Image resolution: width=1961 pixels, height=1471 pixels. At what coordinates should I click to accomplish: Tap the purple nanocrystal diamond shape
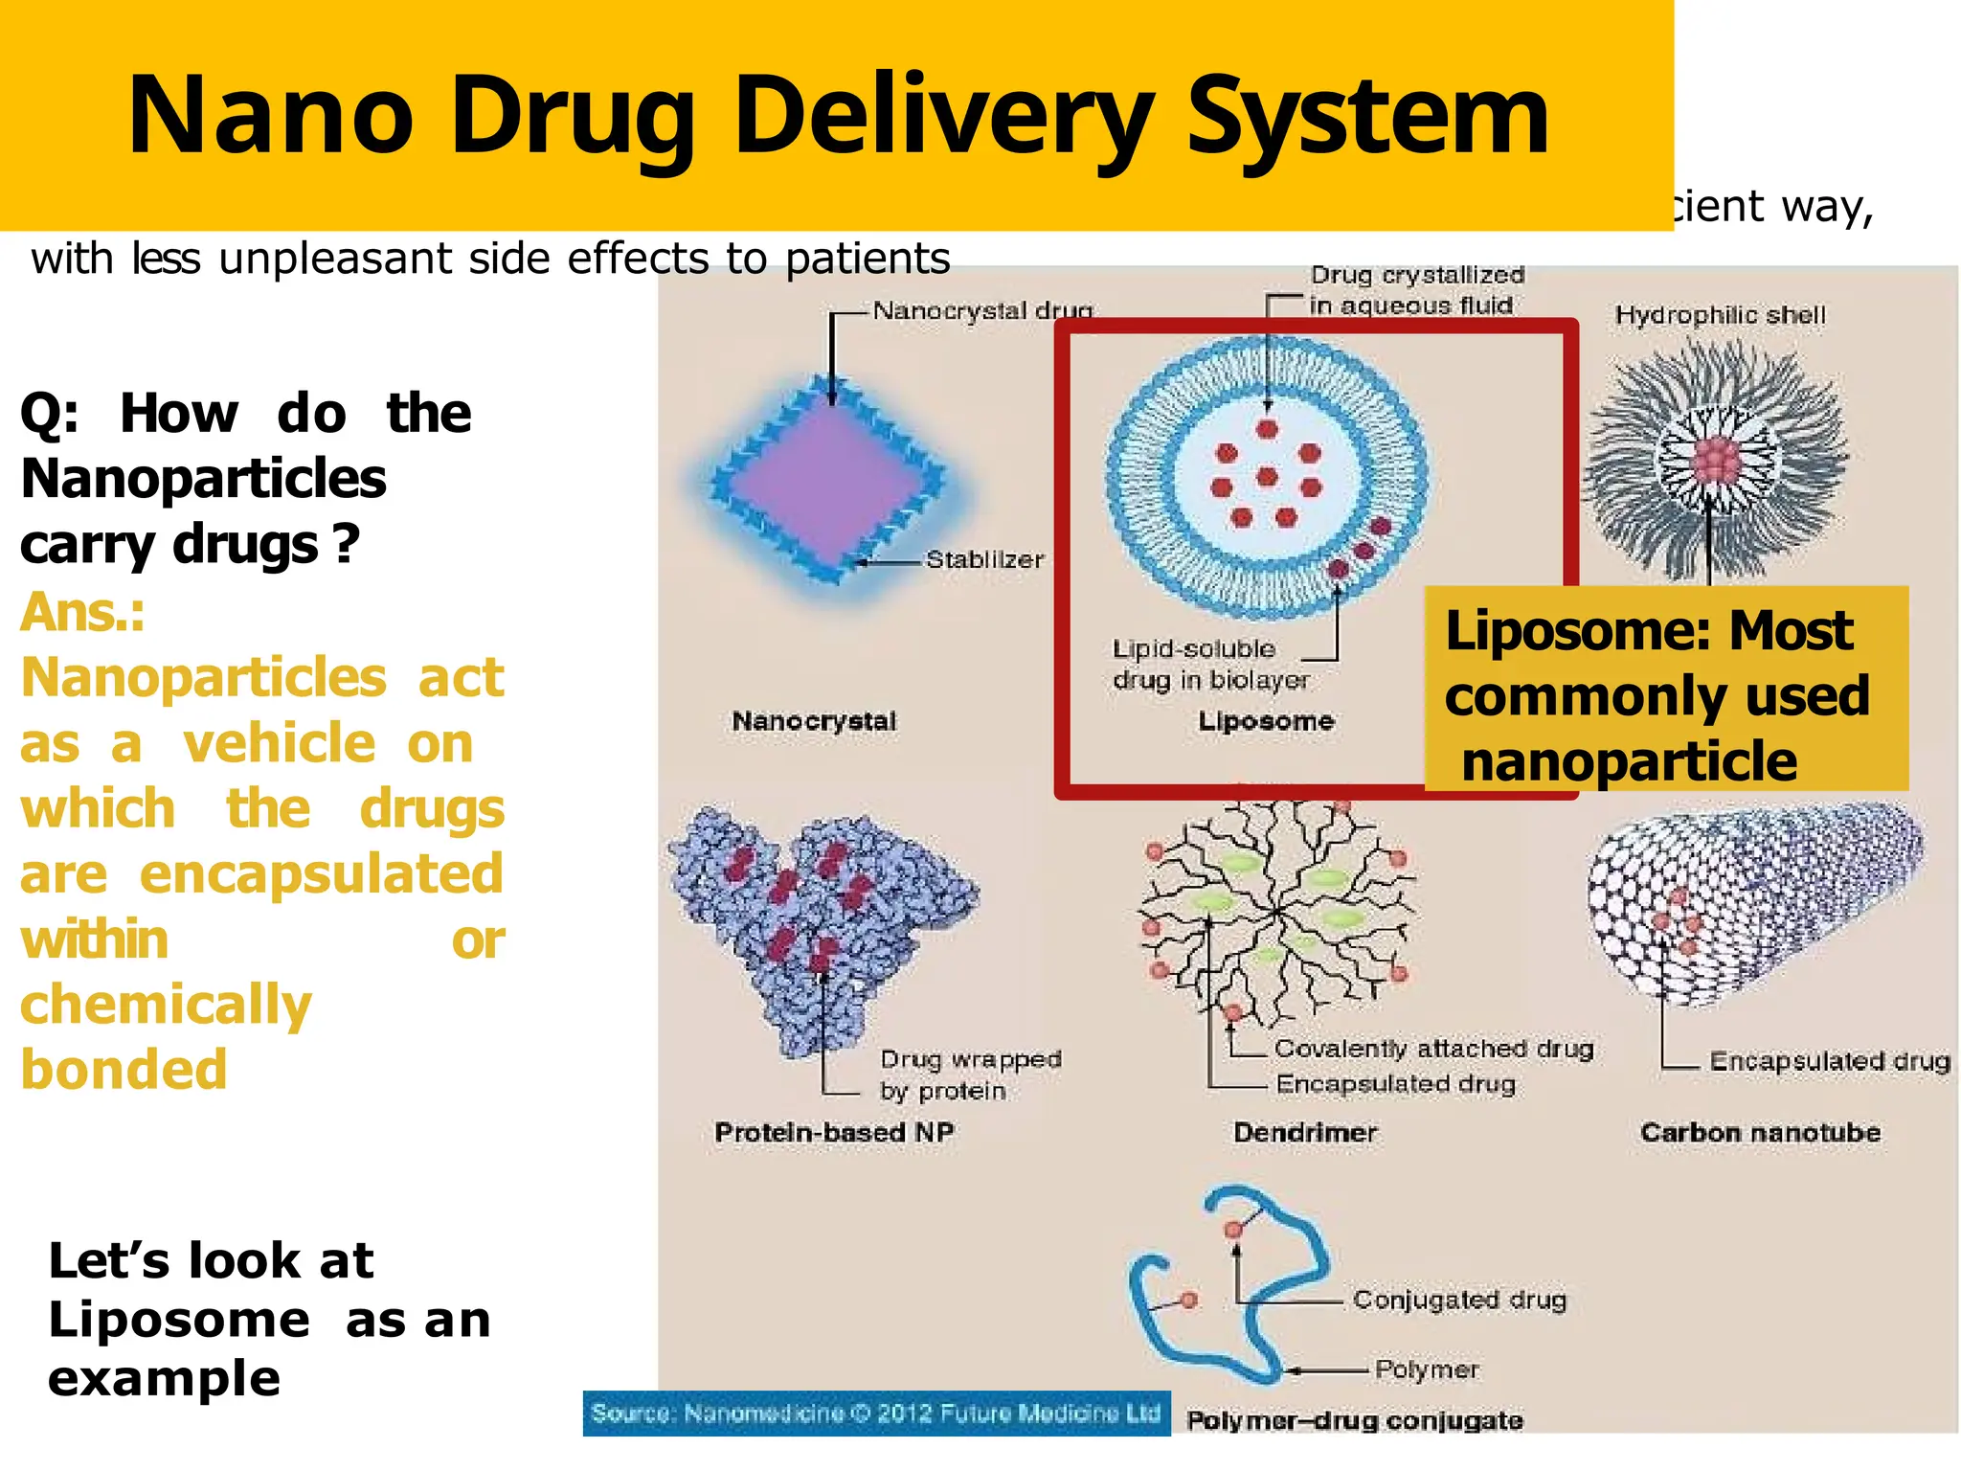click(829, 482)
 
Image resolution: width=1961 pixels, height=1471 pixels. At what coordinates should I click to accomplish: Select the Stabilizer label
click(984, 560)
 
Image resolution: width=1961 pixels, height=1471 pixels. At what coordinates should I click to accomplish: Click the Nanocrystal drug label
click(981, 311)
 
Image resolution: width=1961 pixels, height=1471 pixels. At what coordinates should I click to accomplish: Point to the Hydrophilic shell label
click(1720, 315)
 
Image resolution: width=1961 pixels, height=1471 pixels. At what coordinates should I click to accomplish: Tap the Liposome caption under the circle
click(1265, 721)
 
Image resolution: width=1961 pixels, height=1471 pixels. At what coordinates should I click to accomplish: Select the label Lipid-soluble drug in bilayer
click(1210, 665)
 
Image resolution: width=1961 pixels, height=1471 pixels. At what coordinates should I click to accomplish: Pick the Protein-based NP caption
click(833, 1132)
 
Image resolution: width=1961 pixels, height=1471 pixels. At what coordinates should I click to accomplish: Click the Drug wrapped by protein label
click(969, 1075)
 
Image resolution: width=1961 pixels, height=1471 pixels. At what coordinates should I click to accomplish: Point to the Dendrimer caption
click(1304, 1132)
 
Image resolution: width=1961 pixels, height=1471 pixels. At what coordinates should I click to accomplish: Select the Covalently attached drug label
click(1433, 1049)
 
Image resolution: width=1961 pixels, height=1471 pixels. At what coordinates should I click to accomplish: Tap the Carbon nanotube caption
click(1760, 1132)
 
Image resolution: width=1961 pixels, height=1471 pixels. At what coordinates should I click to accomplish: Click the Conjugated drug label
click(1459, 1300)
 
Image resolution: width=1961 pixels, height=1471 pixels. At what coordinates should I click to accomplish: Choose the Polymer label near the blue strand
click(1426, 1369)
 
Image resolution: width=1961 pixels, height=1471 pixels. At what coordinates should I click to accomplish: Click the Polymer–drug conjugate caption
click(1354, 1420)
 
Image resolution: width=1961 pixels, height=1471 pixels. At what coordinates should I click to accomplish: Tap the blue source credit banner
click(876, 1414)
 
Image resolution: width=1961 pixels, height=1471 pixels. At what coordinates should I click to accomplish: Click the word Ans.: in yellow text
click(82, 613)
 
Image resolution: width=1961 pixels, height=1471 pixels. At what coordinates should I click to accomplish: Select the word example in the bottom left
click(164, 1379)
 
